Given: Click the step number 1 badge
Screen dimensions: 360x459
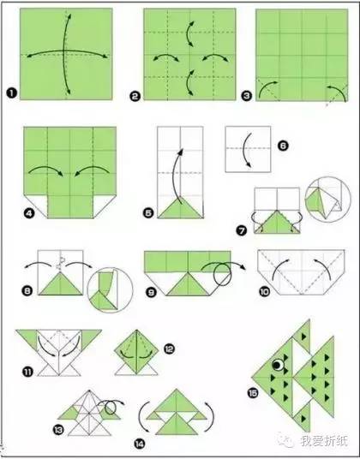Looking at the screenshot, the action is (12, 93).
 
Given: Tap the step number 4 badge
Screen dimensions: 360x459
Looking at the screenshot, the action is (29, 213).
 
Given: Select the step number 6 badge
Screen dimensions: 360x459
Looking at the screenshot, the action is (283, 146).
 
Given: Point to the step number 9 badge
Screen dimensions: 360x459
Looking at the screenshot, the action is (151, 292).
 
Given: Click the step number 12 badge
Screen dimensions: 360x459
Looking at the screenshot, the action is (170, 349).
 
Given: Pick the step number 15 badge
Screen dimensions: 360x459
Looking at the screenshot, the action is (253, 393).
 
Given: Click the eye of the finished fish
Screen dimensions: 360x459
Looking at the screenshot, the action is (278, 365).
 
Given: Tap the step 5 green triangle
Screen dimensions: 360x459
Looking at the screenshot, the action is (180, 207).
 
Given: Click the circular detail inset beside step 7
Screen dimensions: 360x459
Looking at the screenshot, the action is (327, 199).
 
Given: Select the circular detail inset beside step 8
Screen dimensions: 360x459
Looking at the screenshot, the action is (110, 289).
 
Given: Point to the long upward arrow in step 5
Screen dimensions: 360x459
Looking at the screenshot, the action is (175, 176).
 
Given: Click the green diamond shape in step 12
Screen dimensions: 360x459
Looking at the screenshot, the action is (136, 350).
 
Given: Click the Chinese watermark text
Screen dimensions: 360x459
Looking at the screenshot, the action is (324, 440).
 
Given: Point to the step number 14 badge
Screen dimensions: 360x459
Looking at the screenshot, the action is (140, 444).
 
